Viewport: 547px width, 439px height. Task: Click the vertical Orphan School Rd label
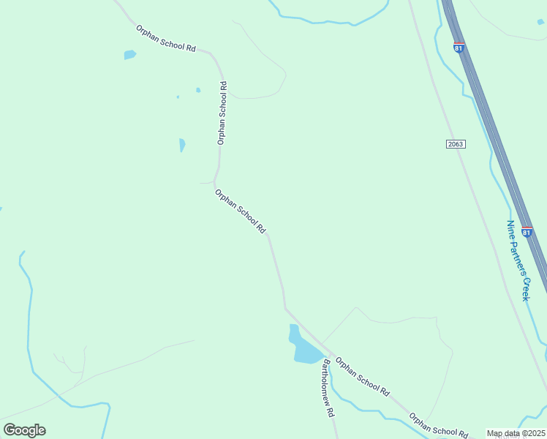[x=222, y=113]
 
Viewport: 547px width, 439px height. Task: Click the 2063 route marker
[x=455, y=144]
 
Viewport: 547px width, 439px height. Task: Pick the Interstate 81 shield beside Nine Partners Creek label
[x=527, y=232]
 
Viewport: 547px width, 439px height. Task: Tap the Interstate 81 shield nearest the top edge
[x=459, y=48]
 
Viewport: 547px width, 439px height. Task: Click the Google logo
[x=24, y=430]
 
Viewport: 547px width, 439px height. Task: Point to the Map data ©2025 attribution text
[x=516, y=433]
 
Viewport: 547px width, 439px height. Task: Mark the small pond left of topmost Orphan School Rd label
[x=129, y=55]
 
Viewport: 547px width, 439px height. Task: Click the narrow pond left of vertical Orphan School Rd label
[x=182, y=145]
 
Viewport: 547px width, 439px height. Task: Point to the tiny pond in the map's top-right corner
[x=540, y=22]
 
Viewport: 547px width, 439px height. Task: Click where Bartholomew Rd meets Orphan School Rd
[x=324, y=353]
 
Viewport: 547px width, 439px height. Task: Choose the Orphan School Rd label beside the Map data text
[x=438, y=427]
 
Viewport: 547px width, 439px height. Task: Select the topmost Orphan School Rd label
[x=166, y=38]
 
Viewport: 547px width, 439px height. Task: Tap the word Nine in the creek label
[x=511, y=228]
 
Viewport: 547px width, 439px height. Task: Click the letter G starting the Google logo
[x=10, y=429]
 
